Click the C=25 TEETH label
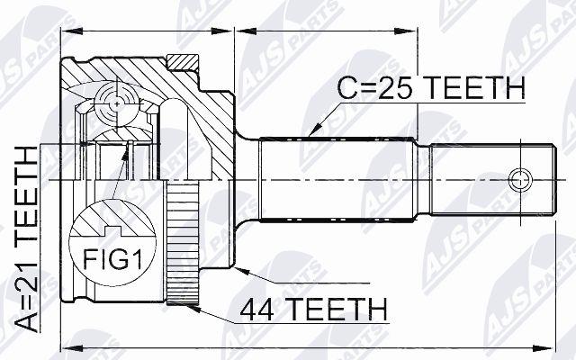pyautogui.click(x=431, y=88)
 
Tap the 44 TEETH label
pyautogui.click(x=313, y=309)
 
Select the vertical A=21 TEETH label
pyautogui.click(x=26, y=239)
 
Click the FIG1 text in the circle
pyautogui.click(x=112, y=259)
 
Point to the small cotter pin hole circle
pyautogui.click(x=520, y=180)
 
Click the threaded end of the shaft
pyautogui.click(x=492, y=180)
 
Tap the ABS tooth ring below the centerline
pyautogui.click(x=183, y=242)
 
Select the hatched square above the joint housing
pyautogui.click(x=183, y=62)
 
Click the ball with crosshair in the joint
pyautogui.click(x=117, y=104)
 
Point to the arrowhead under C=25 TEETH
pyautogui.click(x=316, y=128)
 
